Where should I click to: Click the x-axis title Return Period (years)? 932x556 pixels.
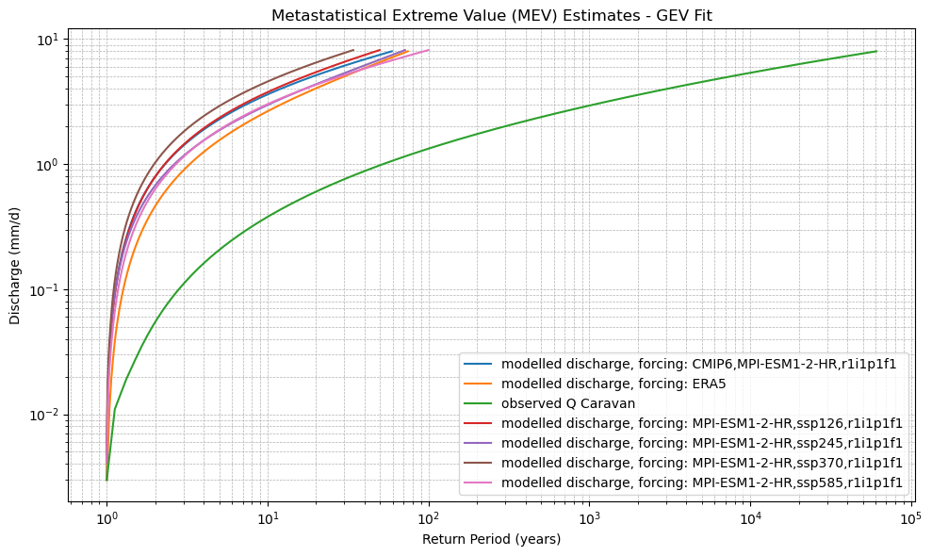(x=491, y=539)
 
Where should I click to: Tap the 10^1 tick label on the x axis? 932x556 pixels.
(x=268, y=519)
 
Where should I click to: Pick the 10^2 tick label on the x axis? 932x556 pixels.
(x=429, y=519)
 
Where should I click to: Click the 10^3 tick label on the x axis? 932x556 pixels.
(x=589, y=519)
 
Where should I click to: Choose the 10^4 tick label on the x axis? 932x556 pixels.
(x=750, y=519)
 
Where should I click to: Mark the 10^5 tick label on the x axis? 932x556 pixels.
(x=910, y=519)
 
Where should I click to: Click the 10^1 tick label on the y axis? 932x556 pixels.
(x=46, y=40)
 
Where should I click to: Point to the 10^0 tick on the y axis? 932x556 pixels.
(x=46, y=165)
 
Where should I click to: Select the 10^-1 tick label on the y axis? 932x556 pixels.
(x=43, y=290)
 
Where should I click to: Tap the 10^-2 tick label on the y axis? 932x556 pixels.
(x=43, y=416)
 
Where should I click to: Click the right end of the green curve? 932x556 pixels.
(x=876, y=51)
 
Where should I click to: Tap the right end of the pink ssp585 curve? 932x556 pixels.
(x=429, y=50)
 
